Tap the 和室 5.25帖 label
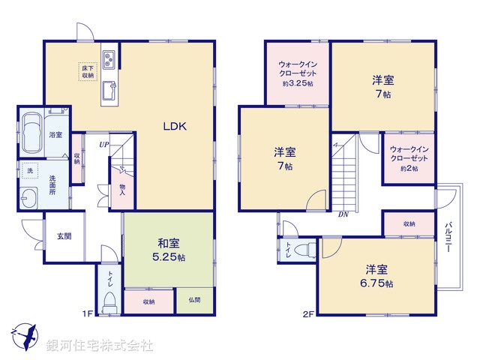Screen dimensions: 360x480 168,249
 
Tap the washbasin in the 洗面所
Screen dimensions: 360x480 29,199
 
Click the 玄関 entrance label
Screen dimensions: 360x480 63,236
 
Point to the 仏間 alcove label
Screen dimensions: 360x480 195,301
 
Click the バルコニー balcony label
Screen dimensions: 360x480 448,239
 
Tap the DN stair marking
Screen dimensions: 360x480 343,215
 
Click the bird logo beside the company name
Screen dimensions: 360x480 22,335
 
